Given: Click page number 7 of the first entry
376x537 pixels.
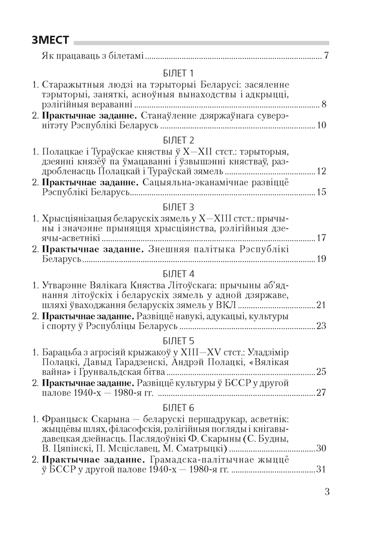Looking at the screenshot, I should click(x=326, y=56).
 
